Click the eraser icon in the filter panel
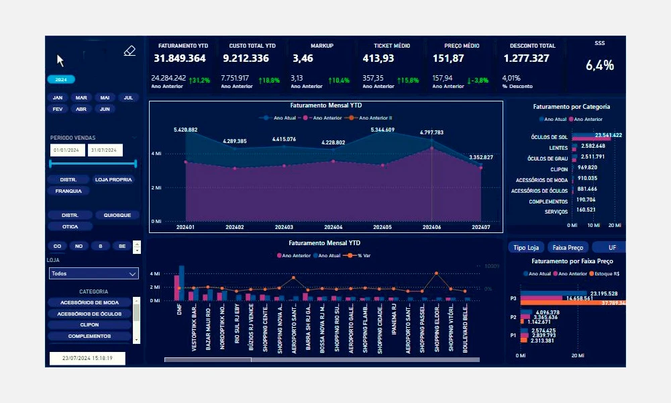(130, 51)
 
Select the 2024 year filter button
(60, 79)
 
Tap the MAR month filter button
(81, 97)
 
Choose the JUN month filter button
(104, 108)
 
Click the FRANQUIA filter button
(68, 191)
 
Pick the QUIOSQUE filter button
(117, 216)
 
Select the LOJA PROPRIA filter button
(114, 180)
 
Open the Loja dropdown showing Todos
(94, 273)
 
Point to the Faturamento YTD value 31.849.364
(180, 58)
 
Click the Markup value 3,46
(303, 58)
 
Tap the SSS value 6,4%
(599, 65)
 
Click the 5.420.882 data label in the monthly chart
(185, 130)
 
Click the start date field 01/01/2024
(66, 150)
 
